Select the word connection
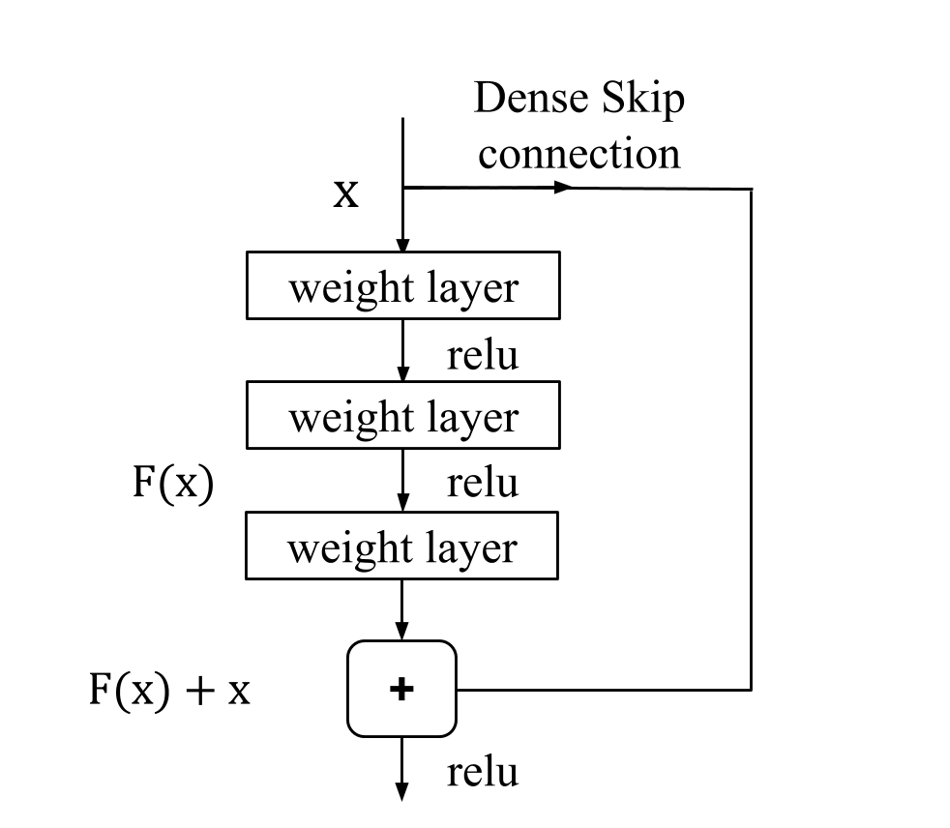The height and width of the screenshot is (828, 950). pyautogui.click(x=579, y=153)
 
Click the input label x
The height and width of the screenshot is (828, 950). pyautogui.click(x=345, y=193)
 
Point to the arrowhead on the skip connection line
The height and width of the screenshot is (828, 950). pyautogui.click(x=562, y=188)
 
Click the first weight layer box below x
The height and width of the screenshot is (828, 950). pyautogui.click(x=402, y=285)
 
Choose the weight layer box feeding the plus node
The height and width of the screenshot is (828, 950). pyautogui.click(x=402, y=547)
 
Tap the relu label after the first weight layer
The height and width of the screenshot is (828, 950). pyautogui.click(x=482, y=355)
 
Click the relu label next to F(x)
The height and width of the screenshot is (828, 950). pyautogui.click(x=482, y=482)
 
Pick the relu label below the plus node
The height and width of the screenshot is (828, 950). pyautogui.click(x=482, y=772)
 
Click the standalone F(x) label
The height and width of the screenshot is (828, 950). pyautogui.click(x=172, y=482)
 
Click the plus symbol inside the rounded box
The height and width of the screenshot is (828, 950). pyautogui.click(x=401, y=689)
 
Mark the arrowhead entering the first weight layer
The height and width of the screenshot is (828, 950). pyautogui.click(x=402, y=244)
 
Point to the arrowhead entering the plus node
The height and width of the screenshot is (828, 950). pyautogui.click(x=402, y=632)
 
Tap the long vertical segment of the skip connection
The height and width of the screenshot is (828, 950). pyautogui.click(x=752, y=435)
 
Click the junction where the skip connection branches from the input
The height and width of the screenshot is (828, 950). pyautogui.click(x=402, y=188)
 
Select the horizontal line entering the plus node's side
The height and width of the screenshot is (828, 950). pyautogui.click(x=600, y=690)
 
